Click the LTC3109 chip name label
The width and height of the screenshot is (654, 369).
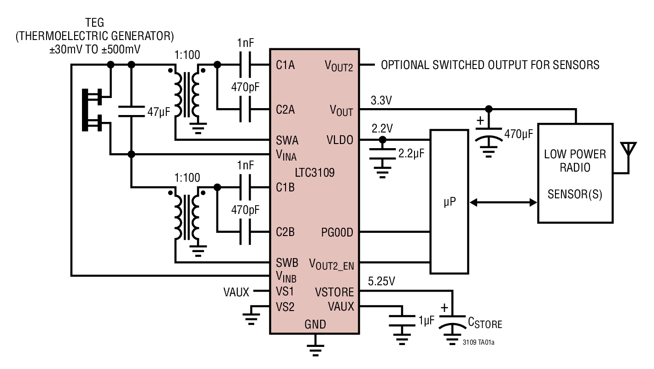[315, 173]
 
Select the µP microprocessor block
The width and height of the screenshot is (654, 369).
[449, 202]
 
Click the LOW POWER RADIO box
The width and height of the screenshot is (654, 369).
[575, 173]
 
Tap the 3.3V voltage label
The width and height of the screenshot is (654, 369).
[380, 101]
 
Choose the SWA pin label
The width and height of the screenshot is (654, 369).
[286, 140]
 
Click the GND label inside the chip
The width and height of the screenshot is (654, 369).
[315, 324]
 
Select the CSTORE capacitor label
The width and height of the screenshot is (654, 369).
[485, 323]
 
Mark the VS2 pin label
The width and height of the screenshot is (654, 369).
[286, 306]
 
